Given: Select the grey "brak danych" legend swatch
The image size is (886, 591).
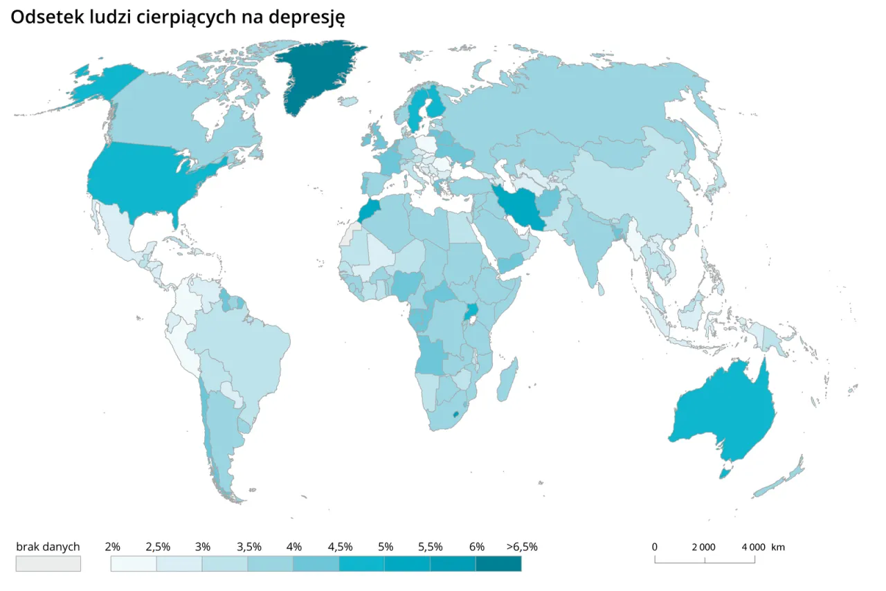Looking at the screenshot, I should click(48, 563).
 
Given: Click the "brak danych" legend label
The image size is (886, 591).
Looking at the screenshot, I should click(48, 547).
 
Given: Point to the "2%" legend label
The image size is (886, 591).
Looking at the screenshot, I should click(113, 547).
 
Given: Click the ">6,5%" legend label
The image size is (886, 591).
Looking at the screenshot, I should click(521, 547).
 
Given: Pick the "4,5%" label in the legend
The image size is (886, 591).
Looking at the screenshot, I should click(340, 547).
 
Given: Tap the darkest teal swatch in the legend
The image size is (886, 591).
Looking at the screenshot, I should click(498, 563).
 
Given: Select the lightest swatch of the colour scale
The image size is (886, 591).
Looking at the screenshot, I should click(134, 563).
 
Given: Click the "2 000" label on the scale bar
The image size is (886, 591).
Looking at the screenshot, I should click(703, 547).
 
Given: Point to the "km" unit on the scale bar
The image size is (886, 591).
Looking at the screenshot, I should click(778, 547).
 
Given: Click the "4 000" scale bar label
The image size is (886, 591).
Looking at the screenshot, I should click(753, 547).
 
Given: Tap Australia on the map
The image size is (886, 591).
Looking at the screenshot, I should click(723, 415).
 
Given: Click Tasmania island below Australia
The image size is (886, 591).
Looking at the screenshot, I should click(725, 473).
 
